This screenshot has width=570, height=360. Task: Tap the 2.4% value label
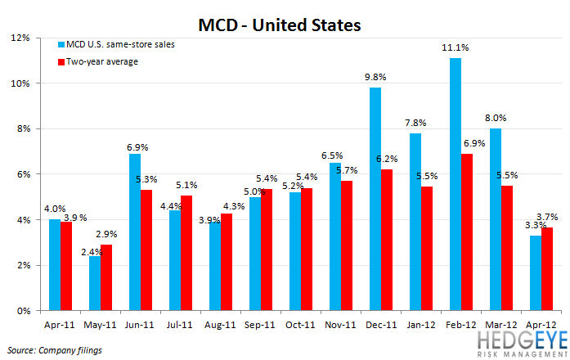(x=92, y=250)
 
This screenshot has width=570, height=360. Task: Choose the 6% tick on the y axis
(x=20, y=174)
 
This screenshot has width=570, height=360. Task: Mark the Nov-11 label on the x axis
(x=339, y=323)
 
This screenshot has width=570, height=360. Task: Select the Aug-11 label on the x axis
(x=219, y=323)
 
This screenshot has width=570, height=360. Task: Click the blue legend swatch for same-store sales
(x=61, y=44)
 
